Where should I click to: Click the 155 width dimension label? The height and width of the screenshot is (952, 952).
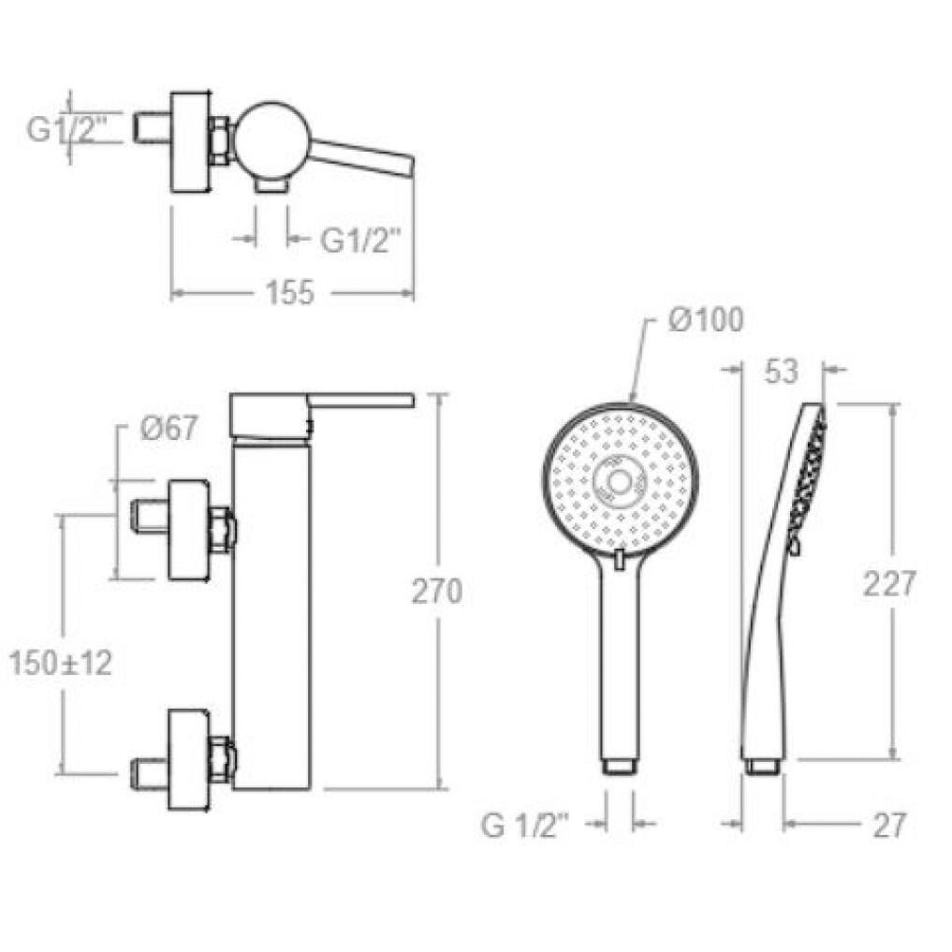[x=289, y=292]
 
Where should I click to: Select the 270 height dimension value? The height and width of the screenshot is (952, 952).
[x=437, y=591]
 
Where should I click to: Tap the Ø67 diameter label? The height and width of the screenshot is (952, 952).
[x=168, y=429]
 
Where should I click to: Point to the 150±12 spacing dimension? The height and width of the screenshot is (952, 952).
[x=61, y=663]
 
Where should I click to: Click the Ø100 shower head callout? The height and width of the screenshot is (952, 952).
[x=706, y=320]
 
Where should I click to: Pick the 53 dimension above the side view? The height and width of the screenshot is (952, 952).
[x=781, y=371]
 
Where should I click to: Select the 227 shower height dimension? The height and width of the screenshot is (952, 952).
[x=889, y=584]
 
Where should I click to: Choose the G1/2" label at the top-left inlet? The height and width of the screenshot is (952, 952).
[x=66, y=129]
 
